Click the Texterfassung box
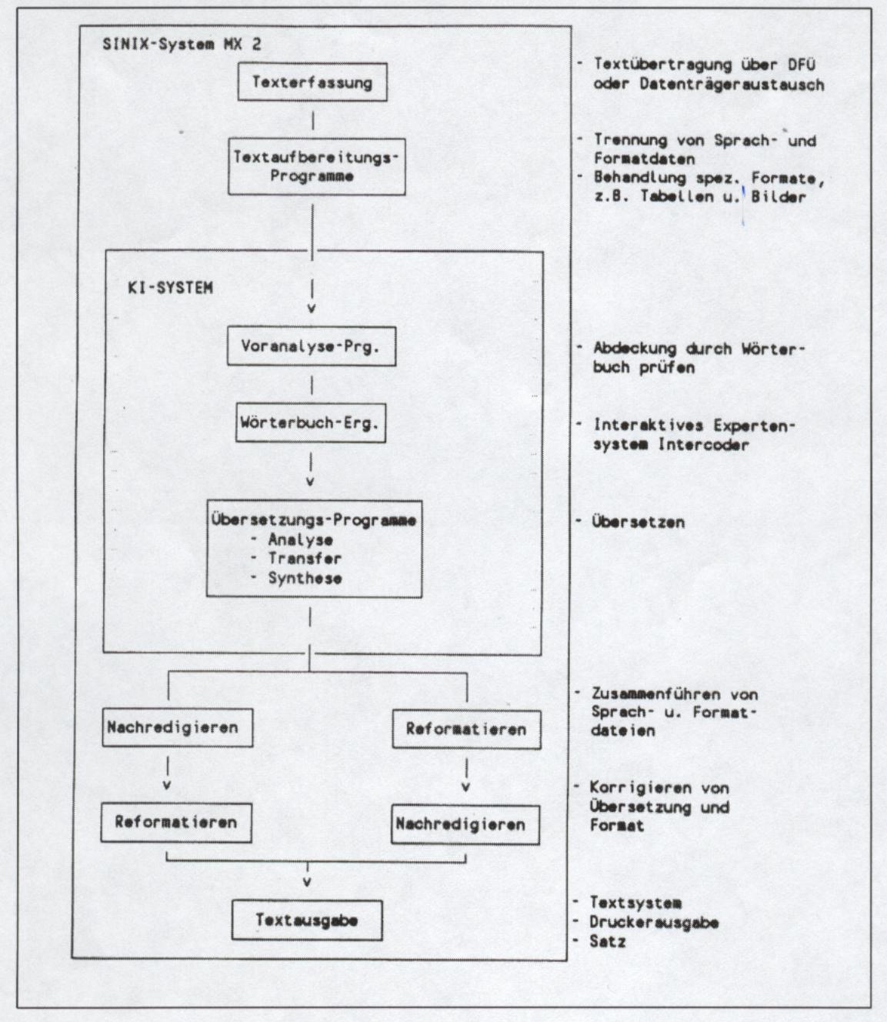312,82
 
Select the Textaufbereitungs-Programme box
316,166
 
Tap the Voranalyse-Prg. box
312,346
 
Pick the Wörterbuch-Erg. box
310,423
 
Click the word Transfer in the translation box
305,559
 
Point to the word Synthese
305,578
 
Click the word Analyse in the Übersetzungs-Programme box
300,539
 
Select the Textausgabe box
307,920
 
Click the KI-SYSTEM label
170,289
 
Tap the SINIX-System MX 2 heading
182,44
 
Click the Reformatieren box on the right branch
466,730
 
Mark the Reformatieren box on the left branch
176,822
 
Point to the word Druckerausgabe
654,922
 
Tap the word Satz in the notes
608,941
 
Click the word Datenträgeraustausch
732,84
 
